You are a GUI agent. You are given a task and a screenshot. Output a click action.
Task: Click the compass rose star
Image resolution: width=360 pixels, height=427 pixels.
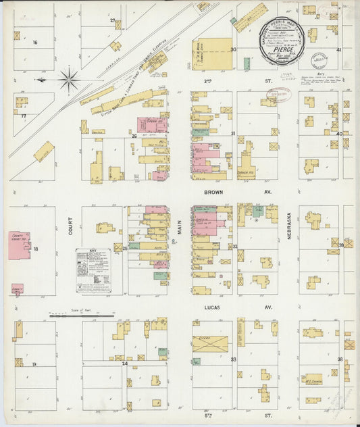tap(68, 80)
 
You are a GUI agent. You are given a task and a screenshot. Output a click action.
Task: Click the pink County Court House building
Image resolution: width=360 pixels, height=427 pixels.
tap(19, 245)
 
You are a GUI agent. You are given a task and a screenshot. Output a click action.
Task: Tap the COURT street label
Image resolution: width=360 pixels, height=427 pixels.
tap(70, 230)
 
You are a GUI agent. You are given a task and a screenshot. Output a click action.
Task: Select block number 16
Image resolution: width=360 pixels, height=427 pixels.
tap(34, 43)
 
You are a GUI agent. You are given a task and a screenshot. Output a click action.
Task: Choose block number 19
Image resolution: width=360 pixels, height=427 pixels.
tap(33, 364)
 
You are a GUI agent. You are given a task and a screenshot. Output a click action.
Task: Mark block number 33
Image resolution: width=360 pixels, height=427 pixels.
tap(234, 360)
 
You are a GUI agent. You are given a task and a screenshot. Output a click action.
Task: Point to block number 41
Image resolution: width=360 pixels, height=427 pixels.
tap(339, 50)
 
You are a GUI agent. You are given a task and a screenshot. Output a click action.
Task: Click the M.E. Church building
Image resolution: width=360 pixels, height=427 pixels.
tap(312, 379)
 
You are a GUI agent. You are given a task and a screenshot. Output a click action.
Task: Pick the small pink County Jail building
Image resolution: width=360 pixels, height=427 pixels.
tap(17, 288)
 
